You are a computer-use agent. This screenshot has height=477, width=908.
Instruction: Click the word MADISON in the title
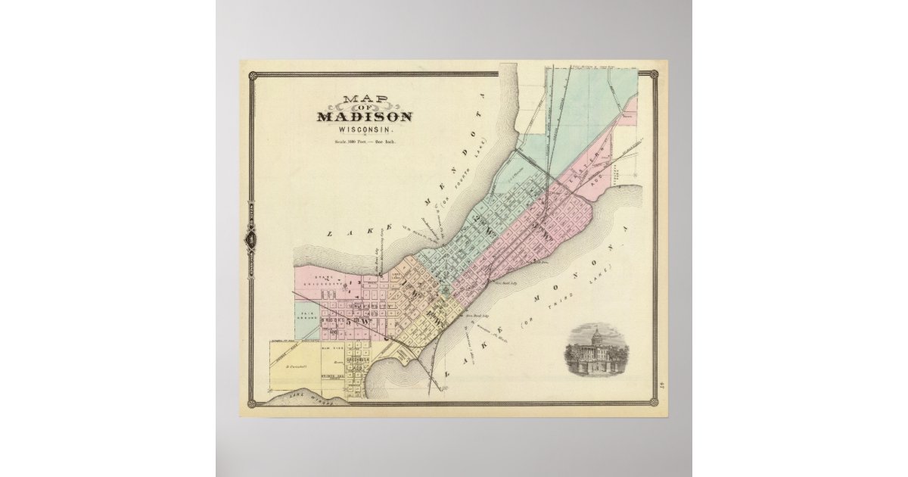365,117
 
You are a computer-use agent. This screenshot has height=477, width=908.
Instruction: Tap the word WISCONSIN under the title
365,129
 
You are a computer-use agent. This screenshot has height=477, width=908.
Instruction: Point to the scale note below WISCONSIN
365,142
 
